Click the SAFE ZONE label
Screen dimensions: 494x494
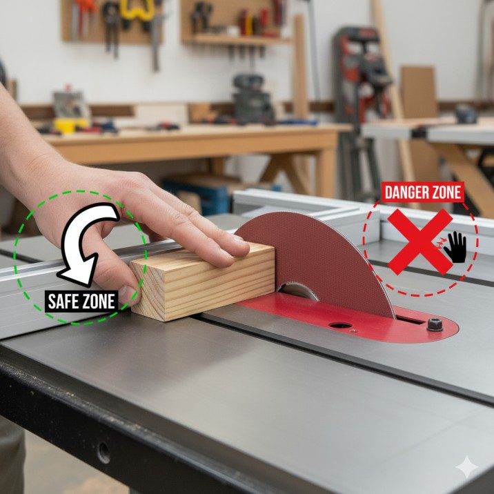tap(81, 301)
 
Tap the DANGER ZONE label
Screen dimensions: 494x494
tap(422, 192)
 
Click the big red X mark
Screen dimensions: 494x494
tap(419, 241)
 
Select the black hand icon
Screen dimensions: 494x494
tap(455, 246)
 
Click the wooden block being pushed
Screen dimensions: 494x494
tap(204, 279)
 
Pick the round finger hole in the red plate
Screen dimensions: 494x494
tap(340, 324)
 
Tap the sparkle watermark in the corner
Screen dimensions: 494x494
tap(467, 468)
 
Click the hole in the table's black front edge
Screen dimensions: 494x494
tap(103, 453)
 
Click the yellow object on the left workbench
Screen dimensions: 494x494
tap(69, 126)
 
